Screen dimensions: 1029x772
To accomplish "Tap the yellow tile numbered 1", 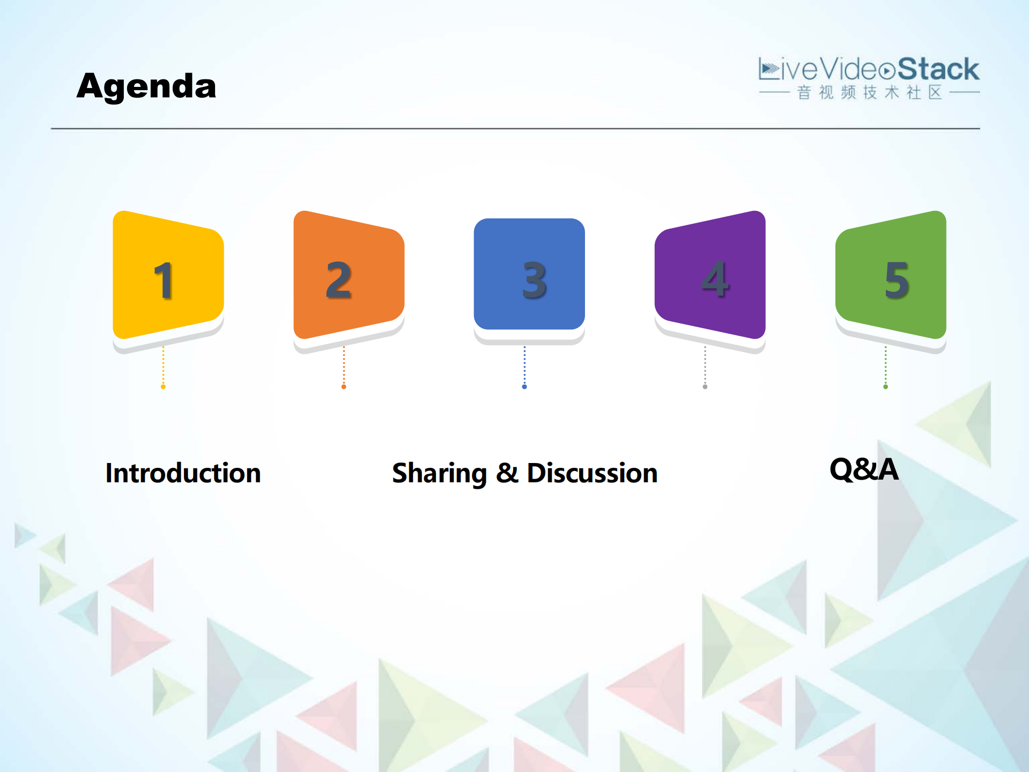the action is click(x=168, y=275).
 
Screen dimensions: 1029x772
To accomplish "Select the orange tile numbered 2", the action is click(x=349, y=275).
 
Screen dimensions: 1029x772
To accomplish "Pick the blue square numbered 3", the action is click(x=529, y=274).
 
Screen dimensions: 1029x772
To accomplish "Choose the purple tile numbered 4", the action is click(x=710, y=275).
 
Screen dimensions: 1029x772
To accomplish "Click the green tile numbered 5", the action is click(x=891, y=275).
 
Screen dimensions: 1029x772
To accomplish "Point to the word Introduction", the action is click(x=183, y=473).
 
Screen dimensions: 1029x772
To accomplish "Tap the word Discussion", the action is click(x=592, y=473).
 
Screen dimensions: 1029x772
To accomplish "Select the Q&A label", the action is click(x=864, y=469).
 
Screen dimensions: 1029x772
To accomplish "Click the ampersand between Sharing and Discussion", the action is click(x=507, y=473).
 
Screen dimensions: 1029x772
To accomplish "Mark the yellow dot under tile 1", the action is click(x=163, y=387).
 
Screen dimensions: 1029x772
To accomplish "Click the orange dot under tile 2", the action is click(x=344, y=387).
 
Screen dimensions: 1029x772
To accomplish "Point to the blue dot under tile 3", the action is click(x=524, y=387).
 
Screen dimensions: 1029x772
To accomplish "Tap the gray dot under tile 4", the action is click(x=705, y=387).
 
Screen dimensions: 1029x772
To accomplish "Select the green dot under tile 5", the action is click(x=886, y=387).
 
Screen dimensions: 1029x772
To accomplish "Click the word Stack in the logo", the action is click(x=938, y=69).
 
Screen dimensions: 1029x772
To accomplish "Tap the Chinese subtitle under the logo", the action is click(x=870, y=92).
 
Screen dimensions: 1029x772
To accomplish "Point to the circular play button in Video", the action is click(x=887, y=71).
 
